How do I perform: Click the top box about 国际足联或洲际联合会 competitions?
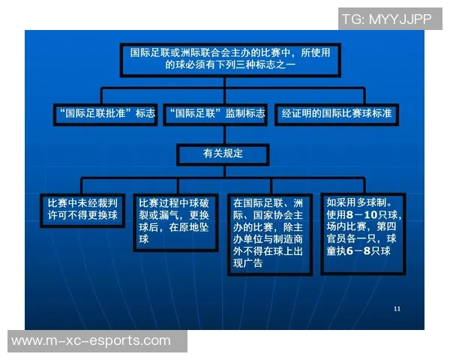coord(231,58)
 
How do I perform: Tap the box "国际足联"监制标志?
coord(216,114)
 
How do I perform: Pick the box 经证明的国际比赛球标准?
coord(335,114)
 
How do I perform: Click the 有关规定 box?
coord(223,154)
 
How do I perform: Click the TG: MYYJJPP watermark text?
coord(386,19)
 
